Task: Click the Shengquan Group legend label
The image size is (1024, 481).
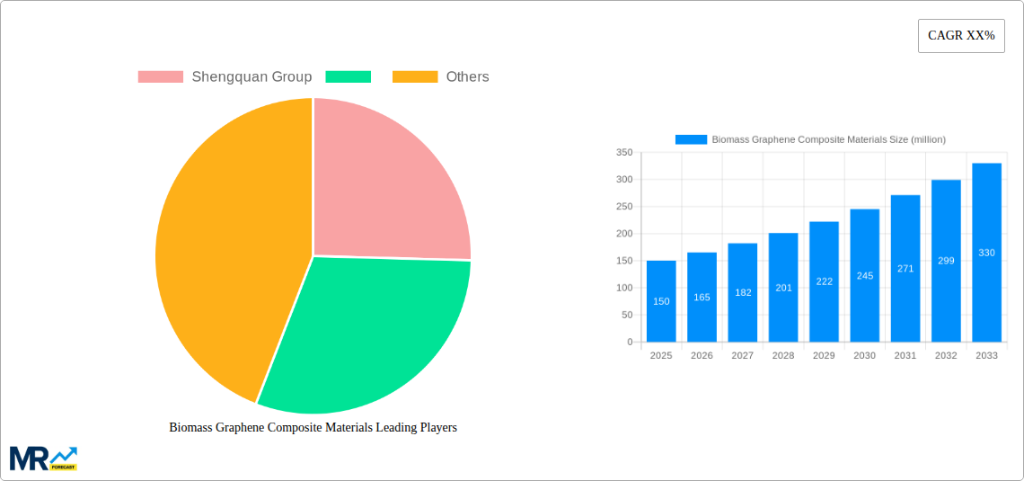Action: point(252,76)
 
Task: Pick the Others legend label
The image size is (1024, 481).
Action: point(467,76)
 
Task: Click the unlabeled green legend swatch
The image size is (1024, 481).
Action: point(348,76)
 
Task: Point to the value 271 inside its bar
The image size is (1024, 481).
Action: point(905,268)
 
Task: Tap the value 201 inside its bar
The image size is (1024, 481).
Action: point(783,288)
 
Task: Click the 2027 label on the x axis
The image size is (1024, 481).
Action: point(743,355)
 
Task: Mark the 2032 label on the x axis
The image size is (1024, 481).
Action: point(946,355)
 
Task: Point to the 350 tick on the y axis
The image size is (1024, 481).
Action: point(624,153)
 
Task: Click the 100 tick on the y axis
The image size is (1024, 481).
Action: point(624,288)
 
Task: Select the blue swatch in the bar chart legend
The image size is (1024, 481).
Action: point(691,139)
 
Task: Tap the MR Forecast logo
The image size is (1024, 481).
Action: point(43,458)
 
